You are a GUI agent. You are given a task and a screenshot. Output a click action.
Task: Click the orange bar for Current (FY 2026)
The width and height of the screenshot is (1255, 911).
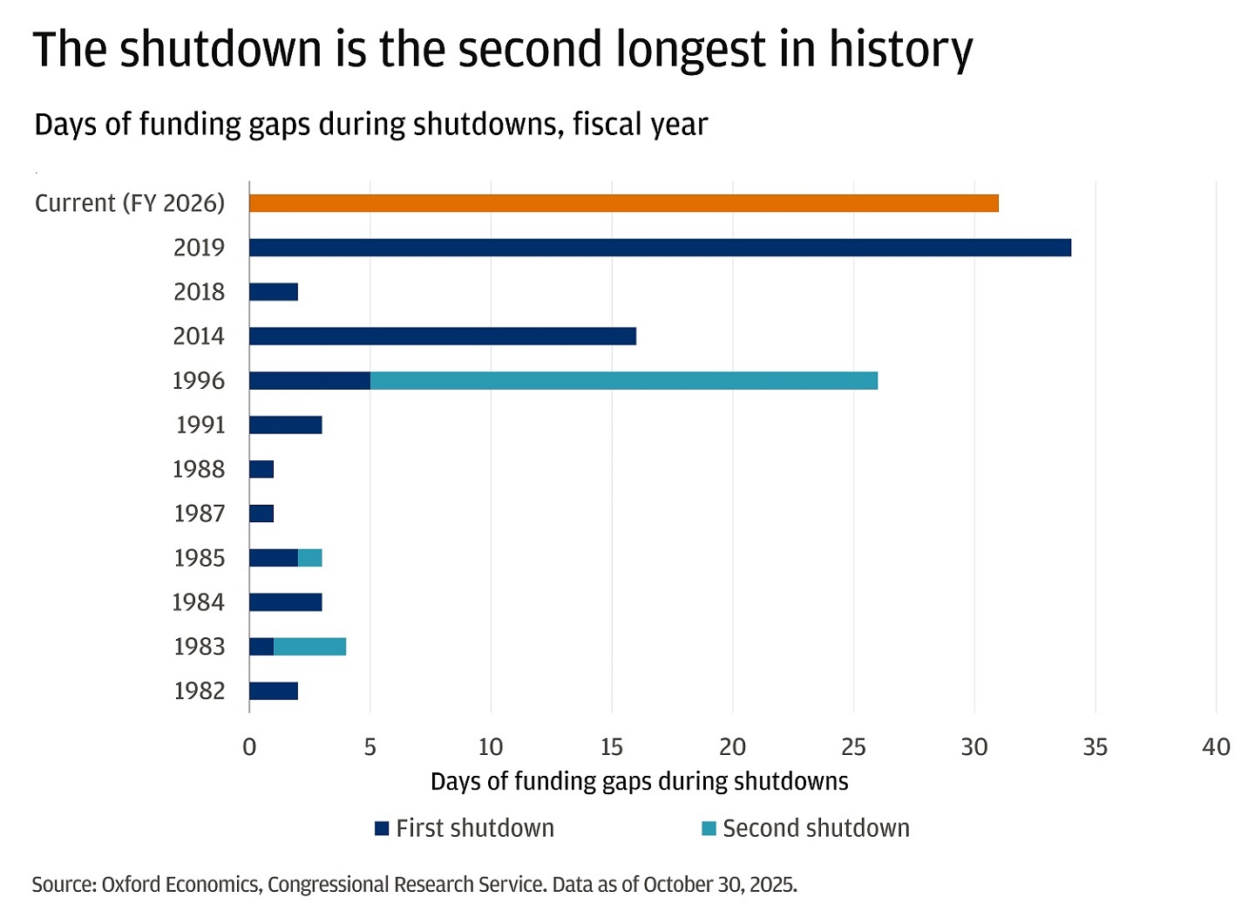pos(623,203)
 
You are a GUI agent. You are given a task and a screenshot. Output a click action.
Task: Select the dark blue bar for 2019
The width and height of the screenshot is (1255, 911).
pos(660,248)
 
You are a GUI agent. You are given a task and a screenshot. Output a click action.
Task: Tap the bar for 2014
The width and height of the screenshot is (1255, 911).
pos(443,336)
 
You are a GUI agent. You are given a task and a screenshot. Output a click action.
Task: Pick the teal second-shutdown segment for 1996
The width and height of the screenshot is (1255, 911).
pos(624,380)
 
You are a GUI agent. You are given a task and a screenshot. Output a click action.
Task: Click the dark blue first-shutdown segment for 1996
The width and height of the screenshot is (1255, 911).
pos(309,380)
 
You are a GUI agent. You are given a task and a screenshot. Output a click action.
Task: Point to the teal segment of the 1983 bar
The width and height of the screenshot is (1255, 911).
pos(309,646)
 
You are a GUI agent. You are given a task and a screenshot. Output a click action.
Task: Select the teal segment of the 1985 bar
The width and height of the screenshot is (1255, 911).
pos(310,558)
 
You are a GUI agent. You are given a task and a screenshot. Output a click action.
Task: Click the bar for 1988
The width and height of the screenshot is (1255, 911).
pos(261,469)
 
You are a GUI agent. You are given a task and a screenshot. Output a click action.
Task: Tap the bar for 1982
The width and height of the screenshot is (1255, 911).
pos(274,690)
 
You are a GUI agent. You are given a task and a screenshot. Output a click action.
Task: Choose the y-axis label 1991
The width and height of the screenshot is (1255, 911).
pos(200,425)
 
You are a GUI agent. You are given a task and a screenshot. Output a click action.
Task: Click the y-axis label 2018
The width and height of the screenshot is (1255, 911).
pos(199,291)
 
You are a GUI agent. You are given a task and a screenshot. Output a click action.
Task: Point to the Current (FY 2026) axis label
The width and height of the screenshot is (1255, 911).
pos(130,203)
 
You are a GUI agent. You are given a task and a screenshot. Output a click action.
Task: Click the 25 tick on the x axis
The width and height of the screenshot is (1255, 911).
pos(853,747)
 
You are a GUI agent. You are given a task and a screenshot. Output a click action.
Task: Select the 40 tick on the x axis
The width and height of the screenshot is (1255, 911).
pos(1216,747)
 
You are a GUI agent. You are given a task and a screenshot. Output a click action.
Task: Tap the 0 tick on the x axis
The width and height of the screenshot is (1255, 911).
pos(249,747)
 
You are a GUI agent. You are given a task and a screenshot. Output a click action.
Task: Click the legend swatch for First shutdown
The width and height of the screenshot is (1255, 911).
pos(382,828)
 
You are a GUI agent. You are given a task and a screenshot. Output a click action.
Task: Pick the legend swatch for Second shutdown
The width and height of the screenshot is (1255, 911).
pos(709,828)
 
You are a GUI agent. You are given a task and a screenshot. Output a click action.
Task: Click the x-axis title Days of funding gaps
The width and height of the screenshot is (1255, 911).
pos(639,781)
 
